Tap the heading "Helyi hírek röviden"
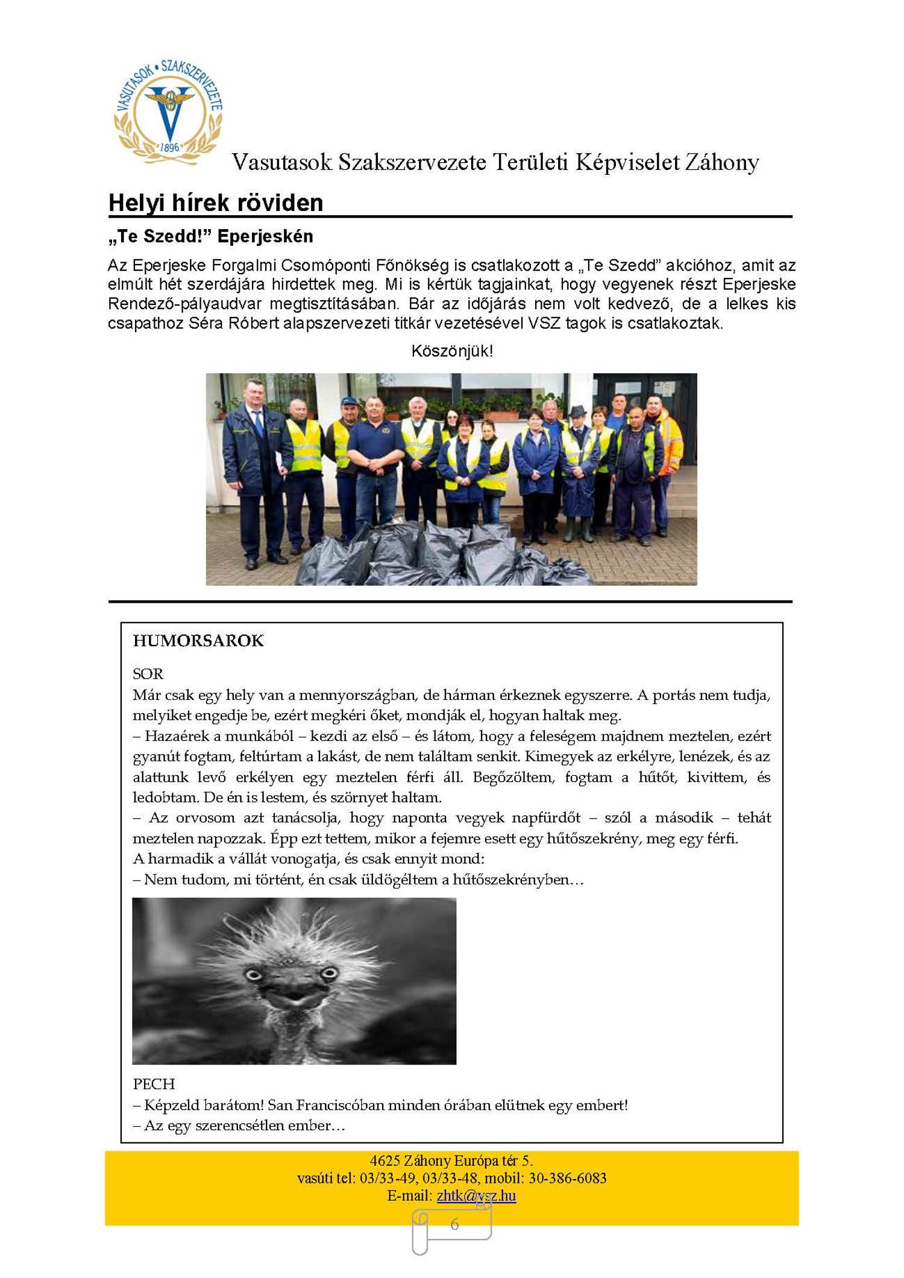[x=216, y=203]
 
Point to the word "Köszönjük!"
[x=452, y=351]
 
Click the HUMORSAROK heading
[x=198, y=640]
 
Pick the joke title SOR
[x=148, y=673]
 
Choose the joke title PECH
[x=154, y=1084]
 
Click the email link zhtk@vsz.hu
[x=476, y=1195]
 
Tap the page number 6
[x=454, y=1224]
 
